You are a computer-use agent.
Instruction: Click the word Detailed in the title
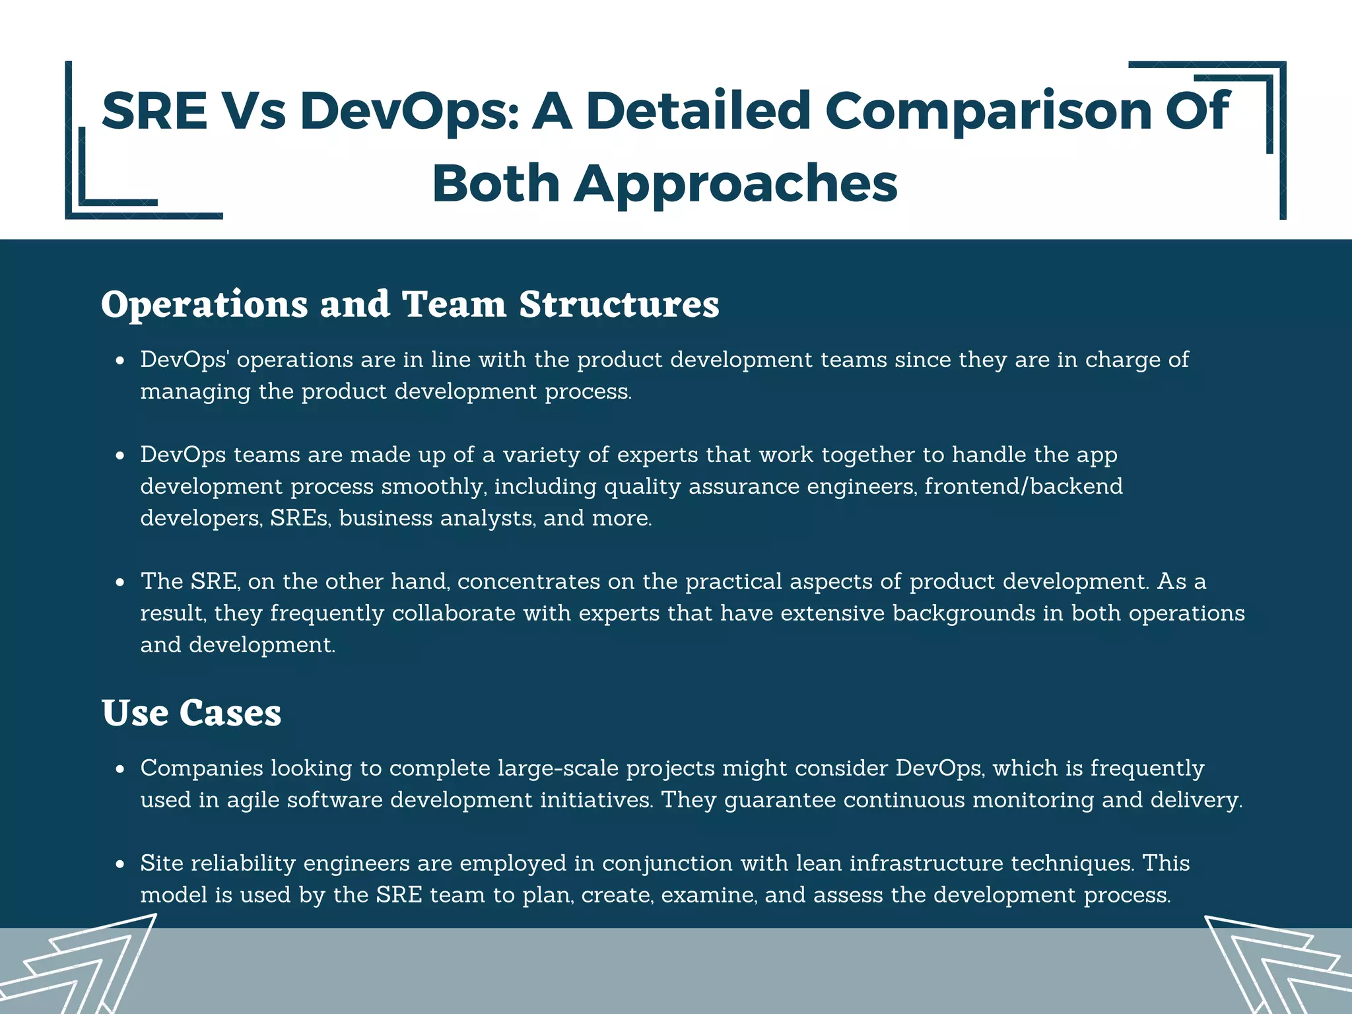[698, 110]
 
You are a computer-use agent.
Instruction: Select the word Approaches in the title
[735, 183]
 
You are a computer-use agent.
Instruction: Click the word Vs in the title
[253, 110]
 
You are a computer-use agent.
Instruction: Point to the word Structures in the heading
[619, 304]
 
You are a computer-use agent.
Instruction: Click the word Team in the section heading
[454, 304]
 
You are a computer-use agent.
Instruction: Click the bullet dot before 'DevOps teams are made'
[119, 456]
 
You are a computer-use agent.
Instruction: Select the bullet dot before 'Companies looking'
[119, 769]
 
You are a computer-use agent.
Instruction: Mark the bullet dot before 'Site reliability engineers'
[119, 864]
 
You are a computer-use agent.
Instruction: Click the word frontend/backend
[1023, 487]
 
